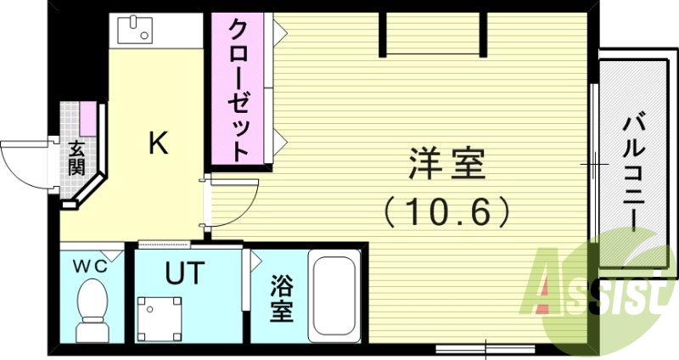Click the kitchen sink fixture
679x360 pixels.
(x=135, y=32)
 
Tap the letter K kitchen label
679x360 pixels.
(x=159, y=143)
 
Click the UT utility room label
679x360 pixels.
(x=184, y=273)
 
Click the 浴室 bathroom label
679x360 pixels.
(x=283, y=299)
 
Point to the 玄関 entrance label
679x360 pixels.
(x=76, y=157)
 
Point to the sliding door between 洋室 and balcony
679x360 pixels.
(x=592, y=161)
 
